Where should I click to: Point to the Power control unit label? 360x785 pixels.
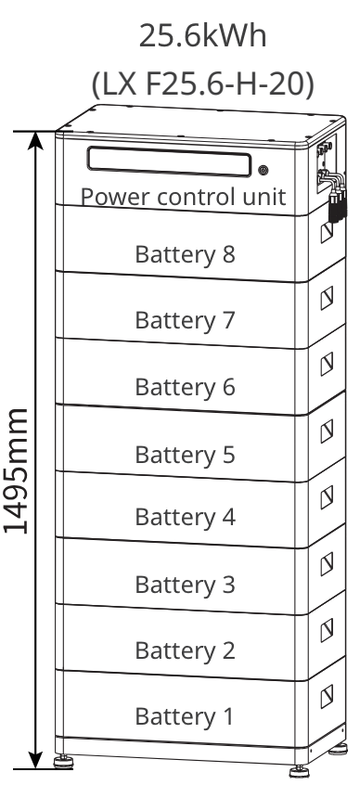point(182,197)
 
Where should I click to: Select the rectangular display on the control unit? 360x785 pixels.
point(169,161)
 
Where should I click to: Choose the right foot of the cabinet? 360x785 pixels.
point(301,766)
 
